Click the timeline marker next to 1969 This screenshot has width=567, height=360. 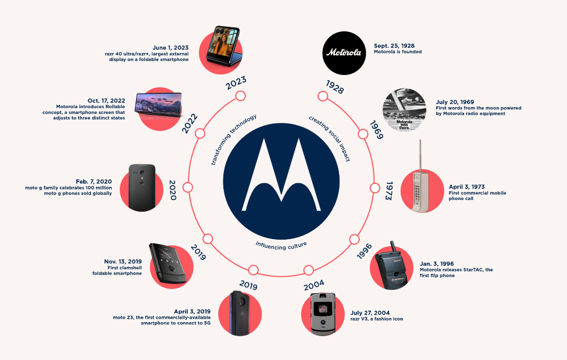(363, 134)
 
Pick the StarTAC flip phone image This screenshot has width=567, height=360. (393, 268)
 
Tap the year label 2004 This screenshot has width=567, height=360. (314, 285)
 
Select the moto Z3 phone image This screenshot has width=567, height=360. (238, 313)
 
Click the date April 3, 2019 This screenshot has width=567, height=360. (192, 311)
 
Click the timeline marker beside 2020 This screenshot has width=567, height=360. (187, 187)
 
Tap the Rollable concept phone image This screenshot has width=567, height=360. (158, 109)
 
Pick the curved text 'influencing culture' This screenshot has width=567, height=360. (281, 243)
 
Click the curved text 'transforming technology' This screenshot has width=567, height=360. (233, 140)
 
